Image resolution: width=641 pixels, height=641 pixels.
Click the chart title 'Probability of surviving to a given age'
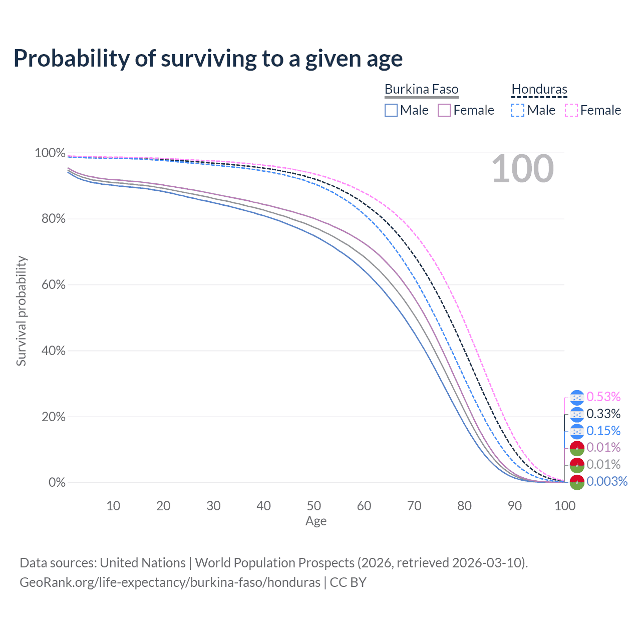208,59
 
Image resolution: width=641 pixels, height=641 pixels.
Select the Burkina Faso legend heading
421,90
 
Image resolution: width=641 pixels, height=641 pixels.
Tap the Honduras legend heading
539,90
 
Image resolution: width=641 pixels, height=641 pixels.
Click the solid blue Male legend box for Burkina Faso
391,110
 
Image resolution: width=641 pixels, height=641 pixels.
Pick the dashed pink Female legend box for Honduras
571,110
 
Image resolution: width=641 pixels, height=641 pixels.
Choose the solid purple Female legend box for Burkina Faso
444,110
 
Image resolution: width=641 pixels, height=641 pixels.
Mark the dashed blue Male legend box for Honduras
518,110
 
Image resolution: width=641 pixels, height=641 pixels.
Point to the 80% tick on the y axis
50,219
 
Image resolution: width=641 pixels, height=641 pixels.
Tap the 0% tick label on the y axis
57,483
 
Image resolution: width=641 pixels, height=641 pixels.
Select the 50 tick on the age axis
314,506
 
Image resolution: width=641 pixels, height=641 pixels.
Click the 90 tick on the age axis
515,506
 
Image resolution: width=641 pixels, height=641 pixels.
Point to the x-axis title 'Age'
316,521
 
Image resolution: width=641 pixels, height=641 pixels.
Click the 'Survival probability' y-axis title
21,311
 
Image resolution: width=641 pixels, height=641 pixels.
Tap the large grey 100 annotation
522,169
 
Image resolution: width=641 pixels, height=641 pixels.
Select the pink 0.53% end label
603,397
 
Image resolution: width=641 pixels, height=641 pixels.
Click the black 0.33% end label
603,414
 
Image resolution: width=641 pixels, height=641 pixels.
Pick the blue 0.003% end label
607,482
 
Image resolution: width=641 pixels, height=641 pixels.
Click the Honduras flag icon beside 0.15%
577,431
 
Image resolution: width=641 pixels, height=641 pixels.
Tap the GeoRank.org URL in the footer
170,582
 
